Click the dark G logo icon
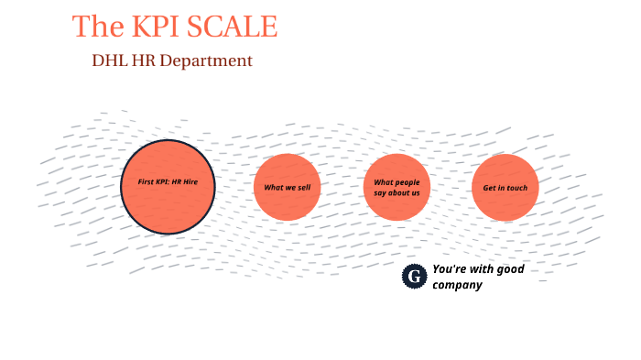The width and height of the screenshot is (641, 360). pos(415,276)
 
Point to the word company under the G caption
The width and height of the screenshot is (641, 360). pos(457,285)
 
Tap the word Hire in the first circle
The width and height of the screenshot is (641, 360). pos(190,182)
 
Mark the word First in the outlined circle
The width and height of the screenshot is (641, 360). pos(147,182)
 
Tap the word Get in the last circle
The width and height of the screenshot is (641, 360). pos(488,188)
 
